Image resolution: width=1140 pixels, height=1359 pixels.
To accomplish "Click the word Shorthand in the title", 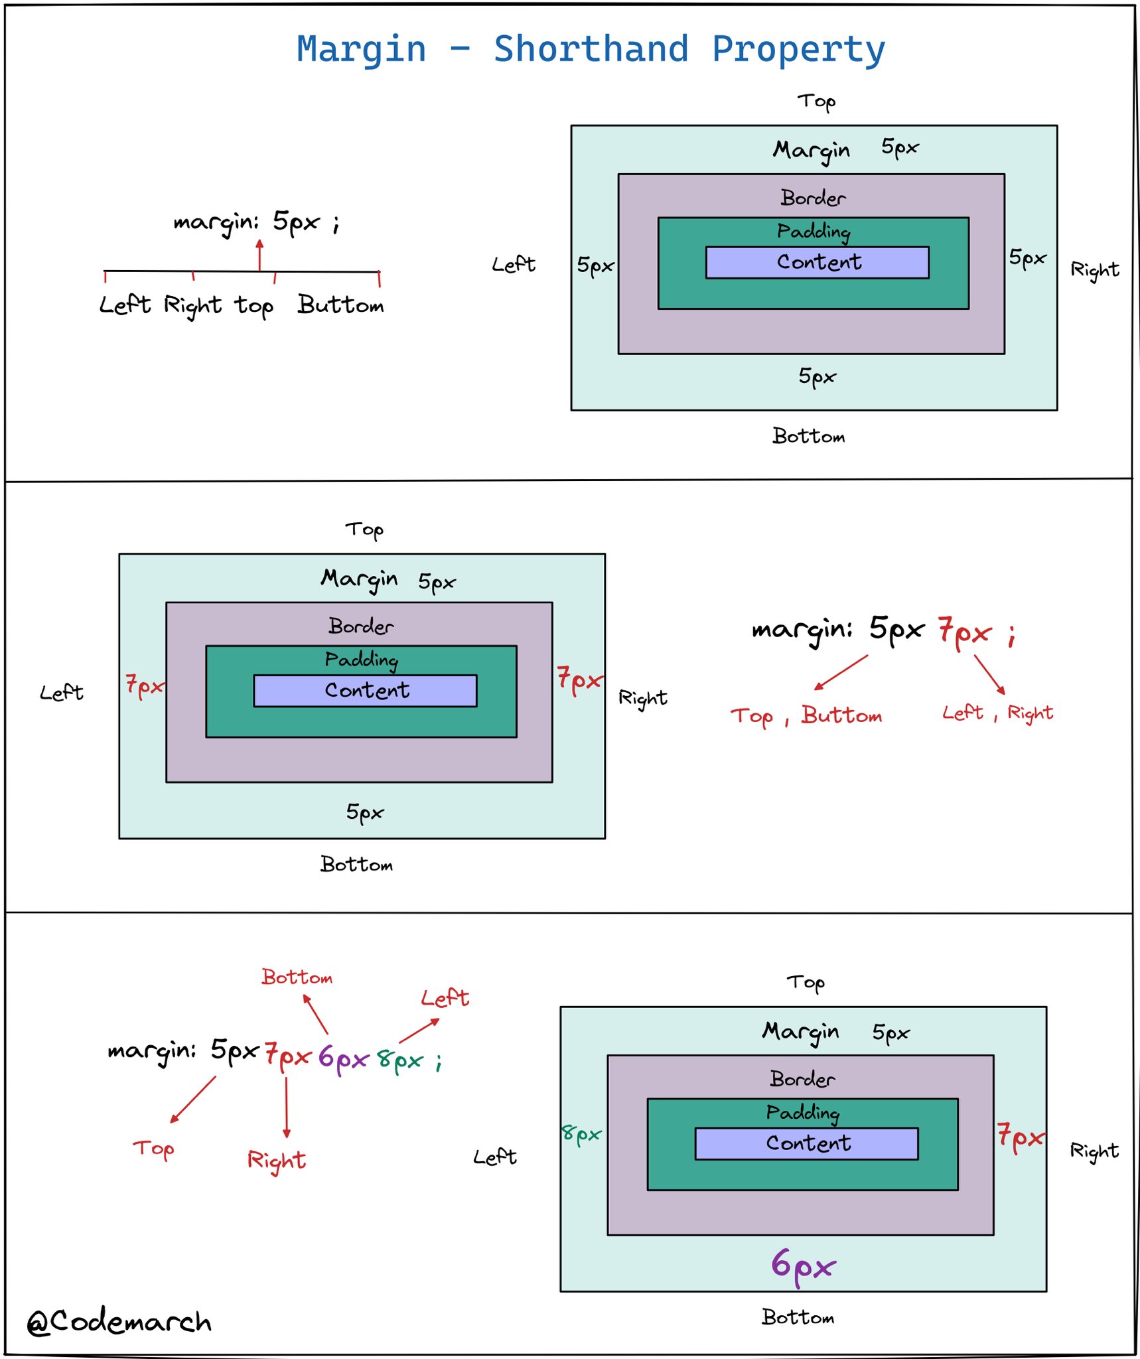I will (x=591, y=49).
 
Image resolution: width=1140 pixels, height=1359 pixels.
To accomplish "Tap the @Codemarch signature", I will (x=119, y=1322).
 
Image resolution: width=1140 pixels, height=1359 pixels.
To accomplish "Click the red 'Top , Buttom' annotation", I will (x=806, y=716).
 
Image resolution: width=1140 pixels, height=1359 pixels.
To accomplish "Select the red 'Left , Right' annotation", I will (x=997, y=713).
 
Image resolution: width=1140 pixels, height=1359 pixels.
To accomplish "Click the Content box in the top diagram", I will (x=817, y=262).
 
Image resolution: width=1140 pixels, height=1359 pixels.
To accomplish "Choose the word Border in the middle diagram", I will (x=360, y=626).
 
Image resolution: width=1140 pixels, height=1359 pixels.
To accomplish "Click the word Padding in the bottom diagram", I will (x=802, y=1113).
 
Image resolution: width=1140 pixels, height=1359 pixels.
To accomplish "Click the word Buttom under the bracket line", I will (x=340, y=305).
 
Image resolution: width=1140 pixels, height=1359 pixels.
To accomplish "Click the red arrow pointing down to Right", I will (x=286, y=1106).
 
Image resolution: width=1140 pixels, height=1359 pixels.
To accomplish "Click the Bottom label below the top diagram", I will (x=808, y=436).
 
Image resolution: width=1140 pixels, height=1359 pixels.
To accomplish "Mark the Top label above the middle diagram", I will (x=364, y=530).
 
